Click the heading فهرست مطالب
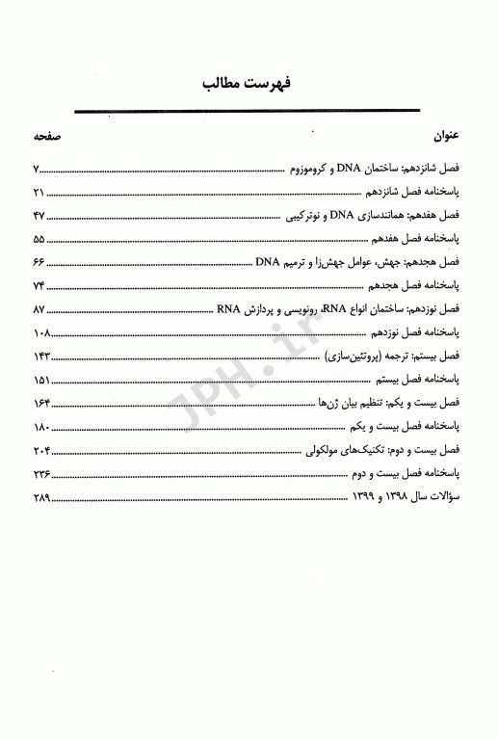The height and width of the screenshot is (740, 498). (x=249, y=84)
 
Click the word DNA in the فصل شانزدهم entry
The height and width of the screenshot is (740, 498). (x=345, y=170)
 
